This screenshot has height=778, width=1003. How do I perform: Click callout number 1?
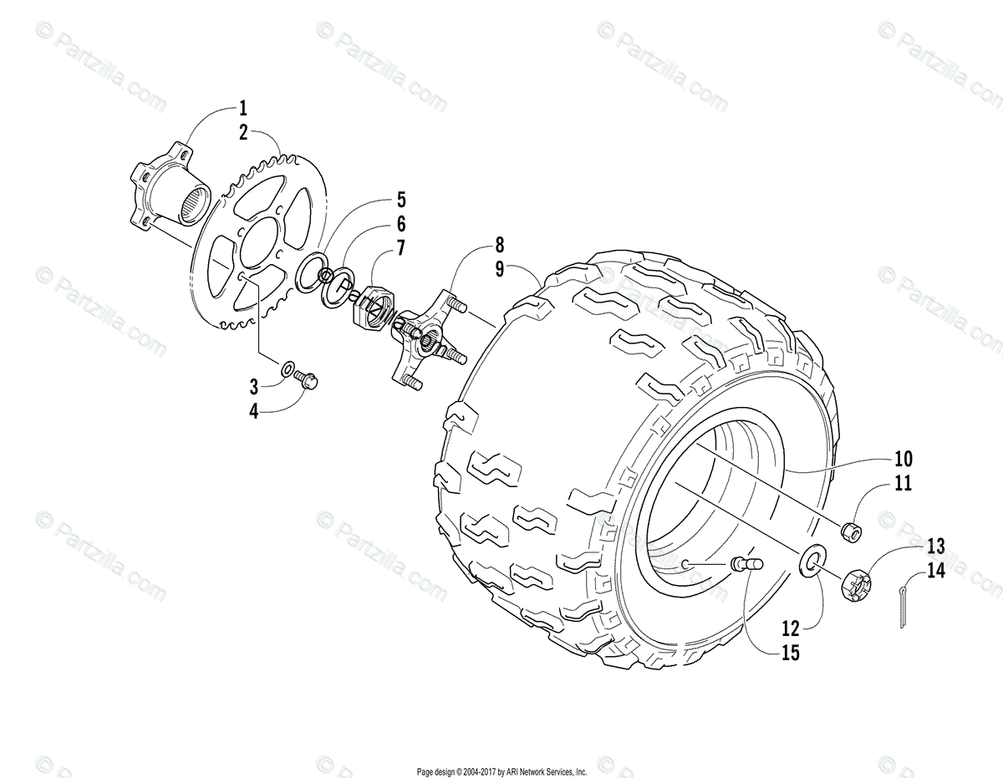coord(243,108)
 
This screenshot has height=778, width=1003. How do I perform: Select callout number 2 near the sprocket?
coord(243,132)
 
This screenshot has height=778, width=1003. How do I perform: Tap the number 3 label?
coord(254,386)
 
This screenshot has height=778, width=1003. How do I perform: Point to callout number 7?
coord(401,248)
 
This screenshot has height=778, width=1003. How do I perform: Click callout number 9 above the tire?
coord(499,270)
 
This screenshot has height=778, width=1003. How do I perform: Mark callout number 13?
coord(935,547)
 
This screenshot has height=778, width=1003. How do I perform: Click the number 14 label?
coord(935,572)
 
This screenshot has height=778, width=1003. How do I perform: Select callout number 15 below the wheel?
coord(790,653)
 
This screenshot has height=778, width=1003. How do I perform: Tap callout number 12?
coord(790,627)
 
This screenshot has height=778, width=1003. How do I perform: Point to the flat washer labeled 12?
coord(812,560)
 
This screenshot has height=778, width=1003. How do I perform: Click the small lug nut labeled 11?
coord(852,531)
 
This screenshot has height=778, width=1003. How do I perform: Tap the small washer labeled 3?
coord(287,368)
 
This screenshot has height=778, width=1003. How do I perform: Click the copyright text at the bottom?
coord(501,772)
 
